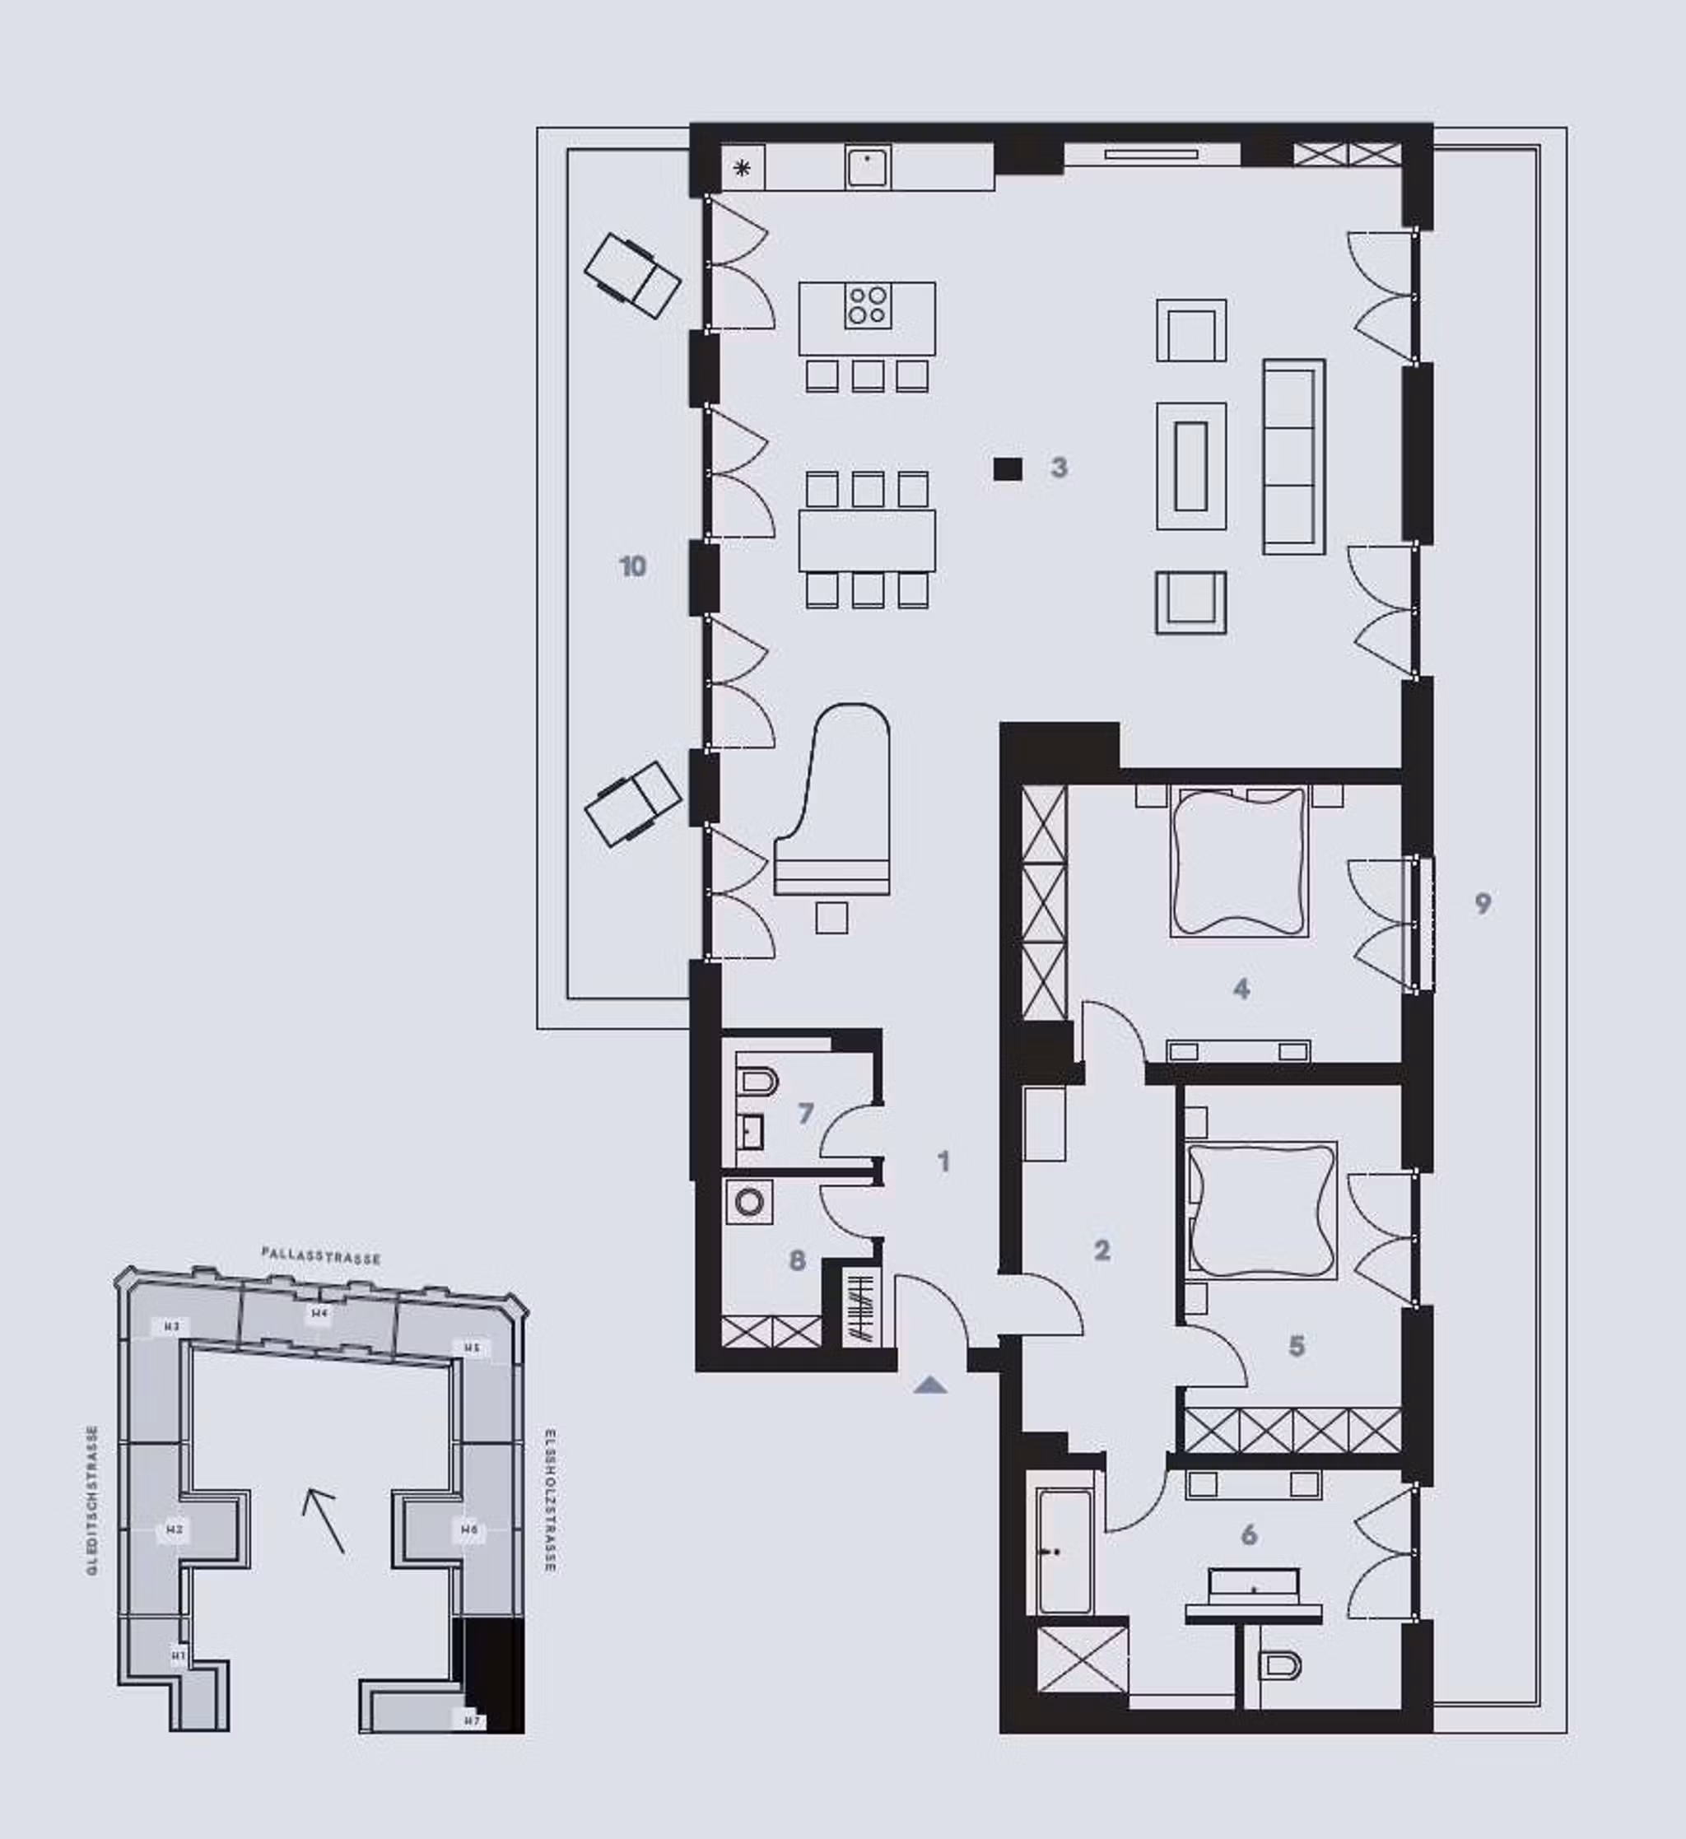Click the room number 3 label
[1059, 468]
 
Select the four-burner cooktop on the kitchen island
[867, 305]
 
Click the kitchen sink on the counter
[868, 168]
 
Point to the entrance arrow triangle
[929, 1385]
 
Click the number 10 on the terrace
[632, 566]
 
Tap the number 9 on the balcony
[1483, 903]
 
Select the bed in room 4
[1239, 862]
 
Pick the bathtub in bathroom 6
[1064, 1550]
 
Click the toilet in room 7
[757, 1082]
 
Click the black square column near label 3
[1007, 469]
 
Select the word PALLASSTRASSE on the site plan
[320, 1256]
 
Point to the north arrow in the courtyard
[324, 1520]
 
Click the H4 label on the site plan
[319, 1314]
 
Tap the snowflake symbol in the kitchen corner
[743, 168]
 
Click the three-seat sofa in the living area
[1293, 456]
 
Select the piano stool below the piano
[831, 918]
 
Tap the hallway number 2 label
[1102, 1250]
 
